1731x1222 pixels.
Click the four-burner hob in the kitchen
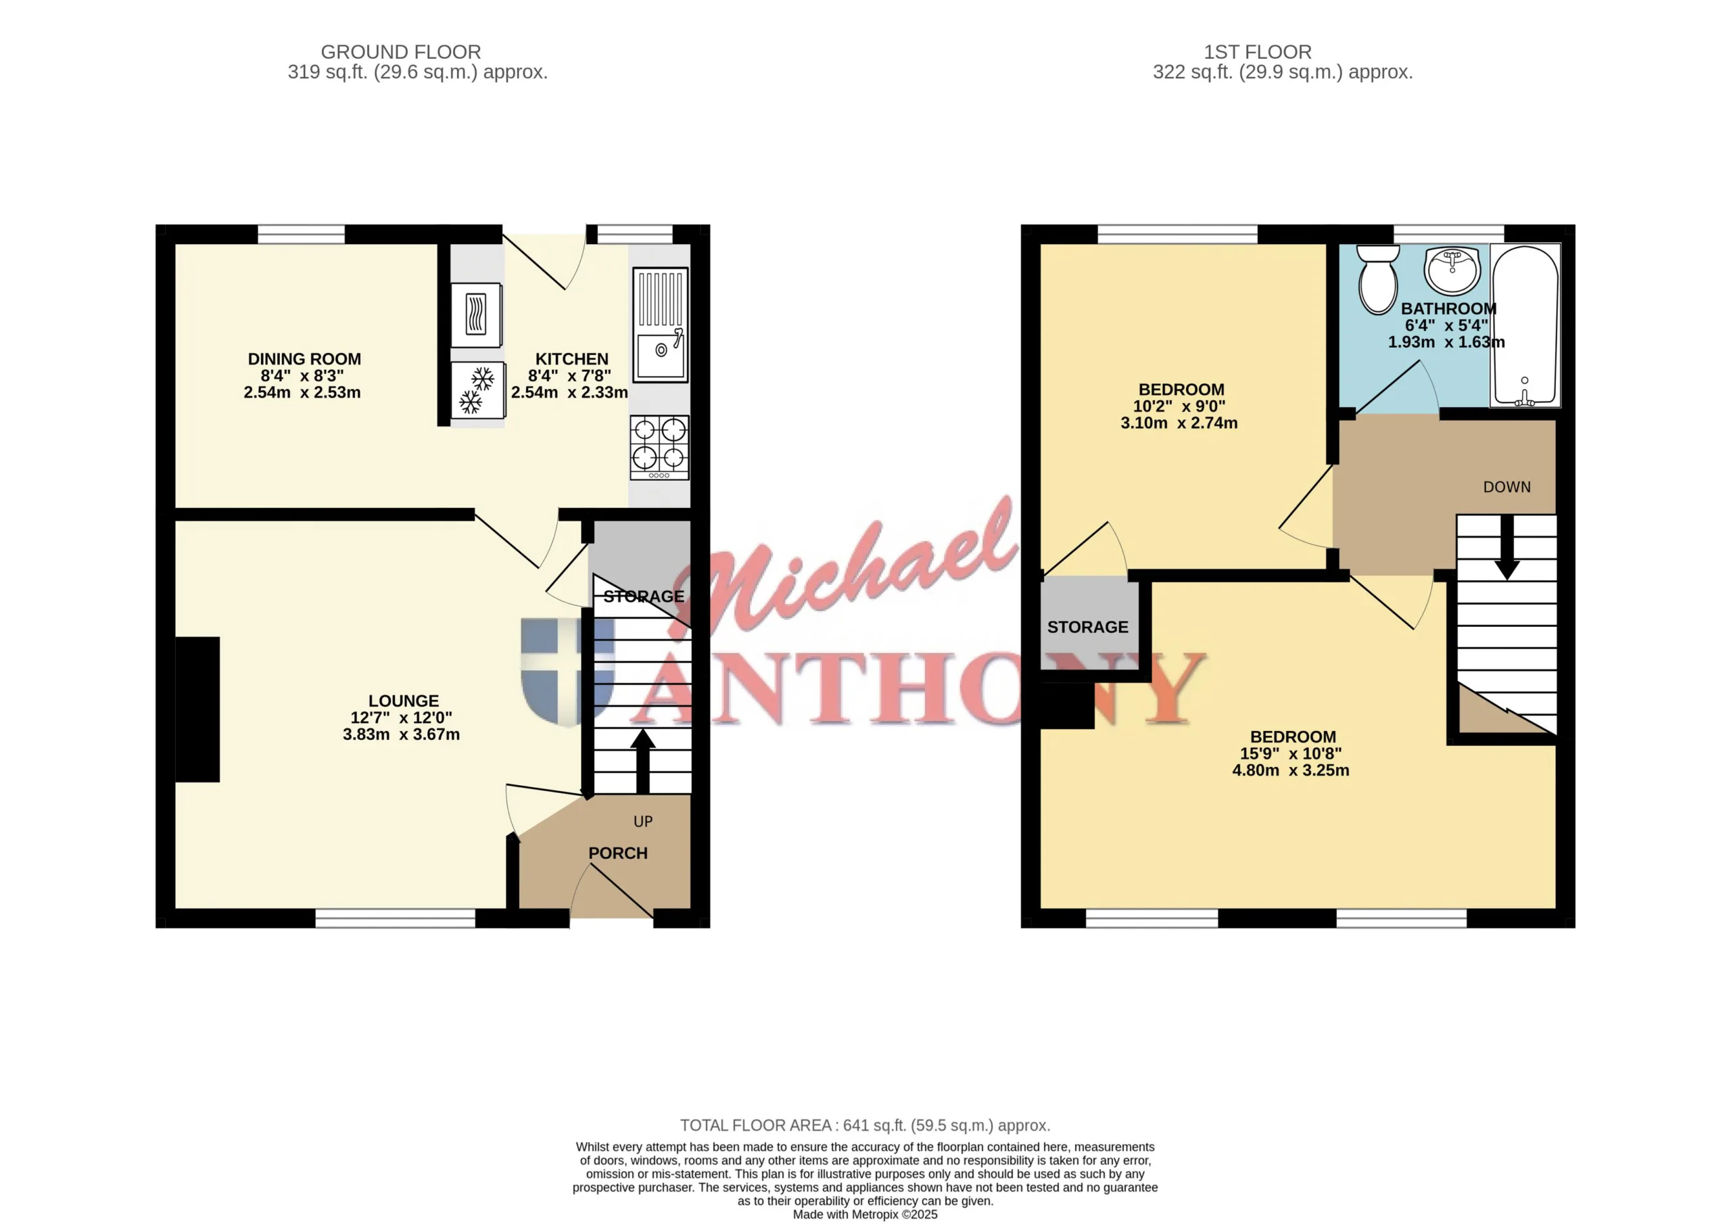click(x=660, y=447)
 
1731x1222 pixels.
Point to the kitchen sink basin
click(x=661, y=356)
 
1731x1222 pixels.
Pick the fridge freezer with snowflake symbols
click(x=477, y=390)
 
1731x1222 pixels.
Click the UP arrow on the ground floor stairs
click(x=642, y=761)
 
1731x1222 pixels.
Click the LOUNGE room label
click(x=404, y=701)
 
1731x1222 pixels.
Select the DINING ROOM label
click(x=304, y=359)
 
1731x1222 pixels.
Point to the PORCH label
click(x=618, y=853)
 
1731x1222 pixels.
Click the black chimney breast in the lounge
click(x=197, y=709)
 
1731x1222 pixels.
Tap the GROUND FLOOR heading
click(x=401, y=52)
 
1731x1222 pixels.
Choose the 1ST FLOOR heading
click(x=1258, y=52)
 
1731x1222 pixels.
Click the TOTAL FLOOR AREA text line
click(x=865, y=1125)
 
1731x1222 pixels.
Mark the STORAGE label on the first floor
click(x=1088, y=627)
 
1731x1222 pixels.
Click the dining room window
click(x=302, y=235)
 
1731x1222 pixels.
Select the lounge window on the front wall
click(x=396, y=918)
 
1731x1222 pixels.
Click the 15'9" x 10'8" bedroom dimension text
click(x=1291, y=754)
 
